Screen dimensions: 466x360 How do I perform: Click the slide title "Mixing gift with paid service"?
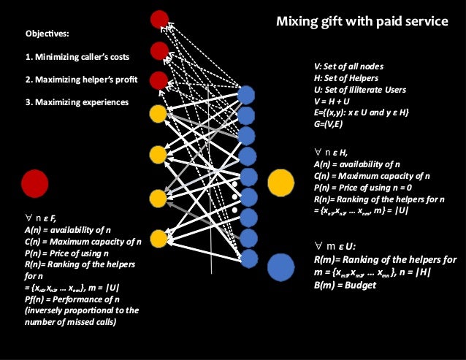(x=362, y=22)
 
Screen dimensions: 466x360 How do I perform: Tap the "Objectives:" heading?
(x=48, y=34)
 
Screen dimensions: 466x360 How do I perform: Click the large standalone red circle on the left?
(x=34, y=183)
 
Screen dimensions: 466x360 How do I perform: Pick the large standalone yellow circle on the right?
(x=281, y=183)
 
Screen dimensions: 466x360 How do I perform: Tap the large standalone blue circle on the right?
(x=281, y=267)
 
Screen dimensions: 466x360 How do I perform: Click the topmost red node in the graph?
(x=158, y=20)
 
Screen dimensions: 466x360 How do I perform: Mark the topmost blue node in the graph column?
(x=248, y=94)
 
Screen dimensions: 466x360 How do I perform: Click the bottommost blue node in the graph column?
(x=248, y=258)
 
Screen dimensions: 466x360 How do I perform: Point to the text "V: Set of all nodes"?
(x=348, y=66)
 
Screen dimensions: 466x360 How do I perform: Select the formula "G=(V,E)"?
(x=330, y=125)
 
